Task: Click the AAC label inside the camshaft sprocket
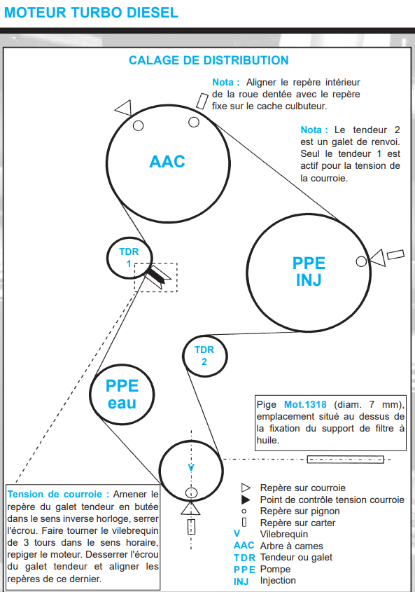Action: click(167, 162)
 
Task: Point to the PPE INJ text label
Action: click(309, 271)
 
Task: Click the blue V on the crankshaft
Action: click(191, 467)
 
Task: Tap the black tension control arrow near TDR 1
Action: click(156, 275)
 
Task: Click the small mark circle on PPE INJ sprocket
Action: click(361, 261)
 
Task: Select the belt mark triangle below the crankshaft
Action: click(190, 508)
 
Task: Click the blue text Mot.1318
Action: click(305, 404)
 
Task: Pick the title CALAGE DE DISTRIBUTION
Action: click(209, 60)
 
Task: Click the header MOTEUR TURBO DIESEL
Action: click(91, 13)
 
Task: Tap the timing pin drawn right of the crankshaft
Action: click(345, 460)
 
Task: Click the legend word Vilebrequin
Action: click(283, 535)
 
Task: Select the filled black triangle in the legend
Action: click(246, 500)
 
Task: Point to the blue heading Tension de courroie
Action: click(59, 494)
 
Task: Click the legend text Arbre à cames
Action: click(291, 546)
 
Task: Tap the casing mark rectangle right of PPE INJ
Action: click(395, 254)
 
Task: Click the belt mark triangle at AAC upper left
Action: click(124, 108)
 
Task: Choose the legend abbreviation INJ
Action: click(241, 581)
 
